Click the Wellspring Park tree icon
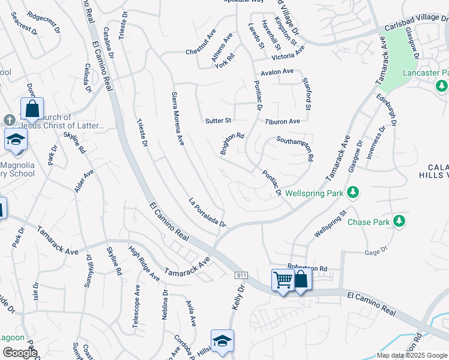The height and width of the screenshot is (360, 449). (354, 192)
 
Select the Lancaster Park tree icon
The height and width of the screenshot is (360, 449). (442, 86)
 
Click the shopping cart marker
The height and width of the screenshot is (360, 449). (283, 280)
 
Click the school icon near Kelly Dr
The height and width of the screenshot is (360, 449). (222, 341)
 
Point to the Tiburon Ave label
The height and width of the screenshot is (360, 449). (282, 121)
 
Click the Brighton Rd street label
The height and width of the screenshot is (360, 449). (232, 143)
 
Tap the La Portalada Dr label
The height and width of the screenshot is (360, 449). (207, 213)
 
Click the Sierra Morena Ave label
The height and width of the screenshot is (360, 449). (178, 119)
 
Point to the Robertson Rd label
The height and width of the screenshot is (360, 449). (307, 268)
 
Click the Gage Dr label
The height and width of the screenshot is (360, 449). (373, 253)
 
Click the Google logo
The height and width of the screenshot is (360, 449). (20, 352)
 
